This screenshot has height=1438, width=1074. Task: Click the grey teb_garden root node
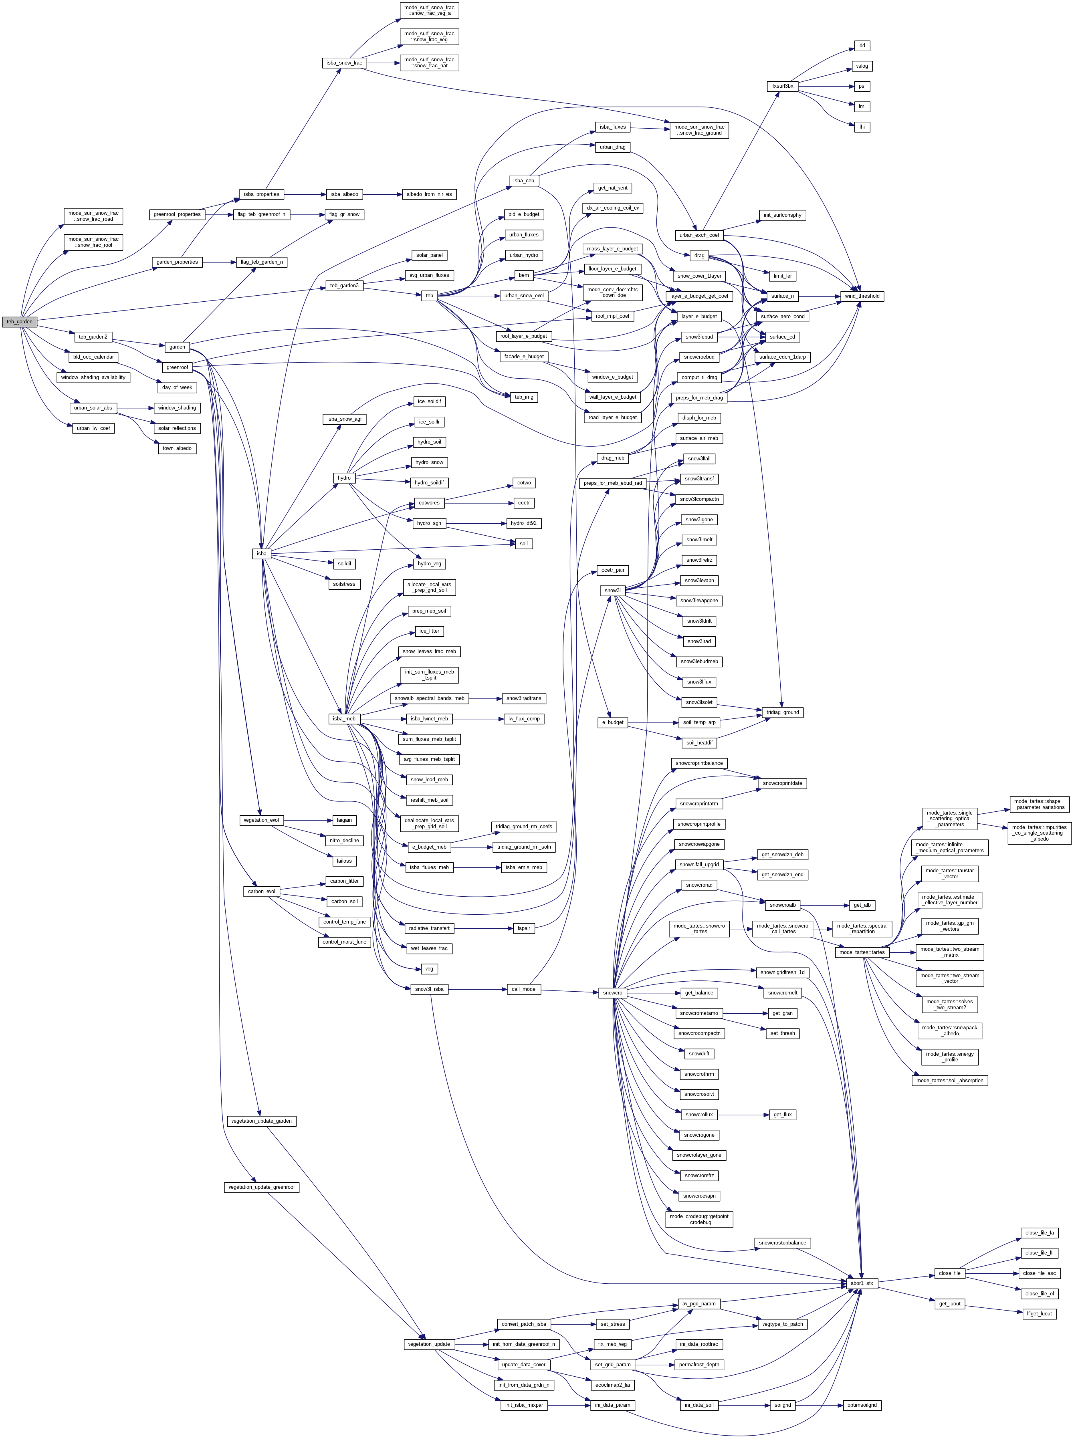tap(20, 321)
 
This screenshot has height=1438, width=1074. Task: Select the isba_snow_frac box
tap(344, 63)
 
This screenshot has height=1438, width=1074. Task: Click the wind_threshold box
tap(862, 296)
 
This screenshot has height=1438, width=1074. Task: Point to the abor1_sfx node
tap(862, 1283)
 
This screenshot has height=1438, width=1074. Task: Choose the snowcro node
tap(612, 993)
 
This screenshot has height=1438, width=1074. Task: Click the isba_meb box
tap(344, 718)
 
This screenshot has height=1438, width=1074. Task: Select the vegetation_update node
tap(428, 1344)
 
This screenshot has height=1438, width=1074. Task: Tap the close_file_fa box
tap(1039, 1232)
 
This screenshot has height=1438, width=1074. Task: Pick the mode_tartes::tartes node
tap(862, 952)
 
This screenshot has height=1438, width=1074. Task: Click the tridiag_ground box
tap(782, 712)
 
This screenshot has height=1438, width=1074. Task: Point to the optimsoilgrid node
tap(862, 1405)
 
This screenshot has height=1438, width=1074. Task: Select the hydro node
tap(344, 478)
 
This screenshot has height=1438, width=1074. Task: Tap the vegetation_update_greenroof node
tap(261, 1187)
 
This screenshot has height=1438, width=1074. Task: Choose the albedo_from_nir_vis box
tap(429, 194)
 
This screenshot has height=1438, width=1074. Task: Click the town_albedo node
tap(177, 449)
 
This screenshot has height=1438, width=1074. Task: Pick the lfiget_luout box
tap(1039, 1314)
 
